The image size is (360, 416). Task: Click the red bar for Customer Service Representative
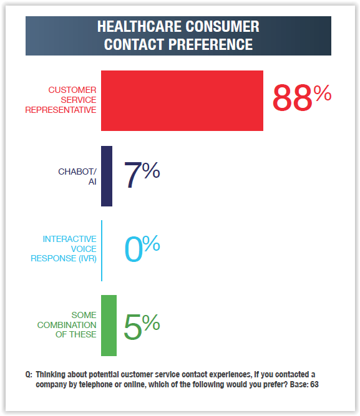[x=182, y=100]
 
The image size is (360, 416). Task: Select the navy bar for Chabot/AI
[x=107, y=176]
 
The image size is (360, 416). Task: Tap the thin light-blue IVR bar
[x=102, y=251]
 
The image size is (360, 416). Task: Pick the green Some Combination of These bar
[x=109, y=326]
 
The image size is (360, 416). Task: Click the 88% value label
[x=302, y=97]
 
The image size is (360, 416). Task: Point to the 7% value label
[x=142, y=175]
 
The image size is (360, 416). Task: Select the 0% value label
[x=142, y=248]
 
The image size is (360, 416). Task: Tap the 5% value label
[x=142, y=326]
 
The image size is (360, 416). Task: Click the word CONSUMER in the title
[x=223, y=27]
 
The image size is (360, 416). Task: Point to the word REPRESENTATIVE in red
[x=61, y=110]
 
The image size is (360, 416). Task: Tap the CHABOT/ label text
[x=77, y=172]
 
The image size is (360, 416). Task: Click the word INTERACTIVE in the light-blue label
[x=69, y=239]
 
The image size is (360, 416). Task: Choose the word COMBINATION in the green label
[x=67, y=325]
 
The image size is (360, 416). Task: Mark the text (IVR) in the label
[x=87, y=258]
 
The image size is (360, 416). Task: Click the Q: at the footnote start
[x=29, y=375]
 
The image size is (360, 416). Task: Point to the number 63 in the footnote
[x=314, y=384]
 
